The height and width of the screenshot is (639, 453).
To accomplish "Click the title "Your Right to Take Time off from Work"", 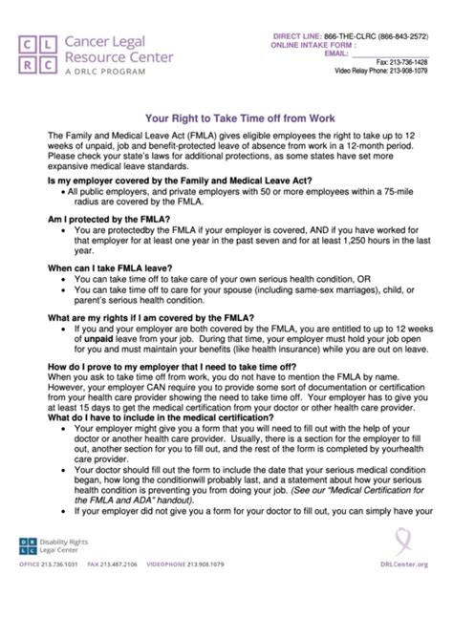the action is (x=226, y=121).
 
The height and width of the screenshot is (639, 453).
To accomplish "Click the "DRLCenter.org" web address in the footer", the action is (x=418, y=618).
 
